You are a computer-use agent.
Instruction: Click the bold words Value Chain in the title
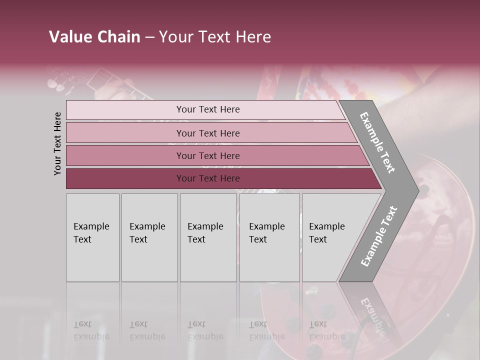(94, 37)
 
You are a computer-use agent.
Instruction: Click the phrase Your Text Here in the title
(215, 37)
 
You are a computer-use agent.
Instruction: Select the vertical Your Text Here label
(57, 143)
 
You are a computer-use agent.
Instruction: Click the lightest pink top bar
(125, 110)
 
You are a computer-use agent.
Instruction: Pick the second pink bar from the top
(125, 133)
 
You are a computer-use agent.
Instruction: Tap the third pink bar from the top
(125, 155)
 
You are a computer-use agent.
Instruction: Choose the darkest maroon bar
(125, 178)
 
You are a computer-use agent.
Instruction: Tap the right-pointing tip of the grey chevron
(413, 190)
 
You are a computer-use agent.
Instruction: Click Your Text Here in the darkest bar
(208, 178)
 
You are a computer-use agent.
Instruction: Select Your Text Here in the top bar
(208, 109)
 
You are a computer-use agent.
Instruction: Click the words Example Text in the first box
(91, 233)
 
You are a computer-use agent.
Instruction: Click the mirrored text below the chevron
(372, 315)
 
